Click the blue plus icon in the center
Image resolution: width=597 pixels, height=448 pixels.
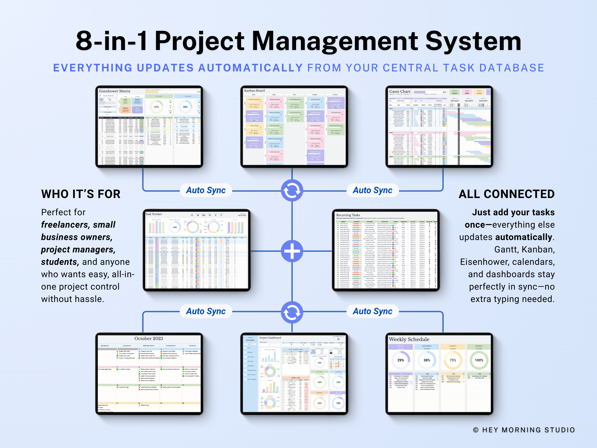pyautogui.click(x=292, y=251)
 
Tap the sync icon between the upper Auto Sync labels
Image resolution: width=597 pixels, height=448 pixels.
pyautogui.click(x=292, y=190)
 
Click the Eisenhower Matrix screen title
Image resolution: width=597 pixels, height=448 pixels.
pyautogui.click(x=115, y=91)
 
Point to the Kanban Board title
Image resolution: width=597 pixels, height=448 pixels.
pyautogui.click(x=254, y=90)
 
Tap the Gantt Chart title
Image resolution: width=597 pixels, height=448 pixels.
pyautogui.click(x=400, y=92)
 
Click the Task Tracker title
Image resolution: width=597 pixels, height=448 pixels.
pyautogui.click(x=154, y=214)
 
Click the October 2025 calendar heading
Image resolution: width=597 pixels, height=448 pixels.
pyautogui.click(x=149, y=338)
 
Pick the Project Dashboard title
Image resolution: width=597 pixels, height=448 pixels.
pyautogui.click(x=270, y=338)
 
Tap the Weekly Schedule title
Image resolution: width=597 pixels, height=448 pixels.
pyautogui.click(x=409, y=339)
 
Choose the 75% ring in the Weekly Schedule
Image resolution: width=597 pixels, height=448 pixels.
pyautogui.click(x=453, y=360)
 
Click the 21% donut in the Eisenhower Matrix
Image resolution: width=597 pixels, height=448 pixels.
pyautogui.click(x=157, y=107)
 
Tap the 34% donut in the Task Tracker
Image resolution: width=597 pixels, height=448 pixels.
pyautogui.click(x=175, y=227)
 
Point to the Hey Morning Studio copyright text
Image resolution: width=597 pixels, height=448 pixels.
pyautogui.click(x=524, y=430)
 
